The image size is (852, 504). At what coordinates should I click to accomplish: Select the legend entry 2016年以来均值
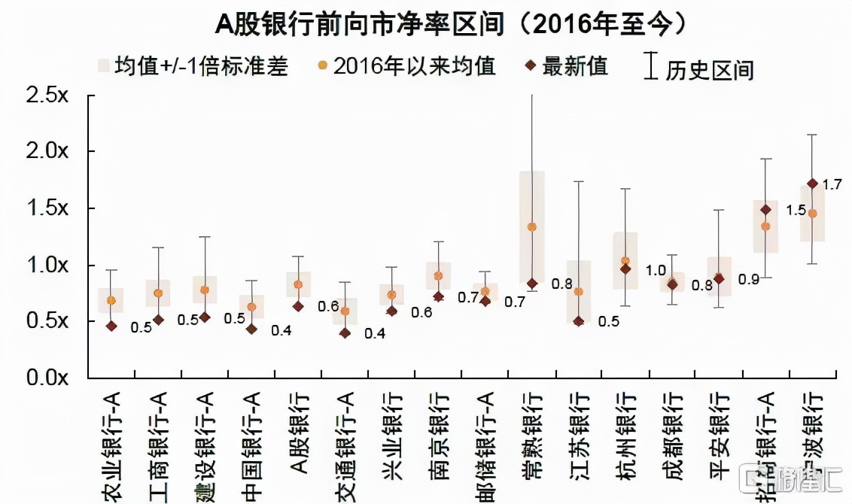click(406, 66)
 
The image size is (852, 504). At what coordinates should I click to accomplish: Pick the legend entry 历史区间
click(700, 68)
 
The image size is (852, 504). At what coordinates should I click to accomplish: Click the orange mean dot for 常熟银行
click(532, 227)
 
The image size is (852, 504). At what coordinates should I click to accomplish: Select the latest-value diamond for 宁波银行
click(812, 184)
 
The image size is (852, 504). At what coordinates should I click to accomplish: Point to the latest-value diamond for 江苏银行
click(578, 321)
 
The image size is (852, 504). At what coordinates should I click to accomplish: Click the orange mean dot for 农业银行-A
click(111, 301)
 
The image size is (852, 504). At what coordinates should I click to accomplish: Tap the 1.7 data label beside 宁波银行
click(832, 184)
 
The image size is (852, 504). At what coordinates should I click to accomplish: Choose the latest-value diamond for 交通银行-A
click(345, 333)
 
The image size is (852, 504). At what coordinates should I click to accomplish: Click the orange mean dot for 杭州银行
click(625, 261)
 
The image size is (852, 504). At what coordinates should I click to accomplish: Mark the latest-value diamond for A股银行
click(298, 306)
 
